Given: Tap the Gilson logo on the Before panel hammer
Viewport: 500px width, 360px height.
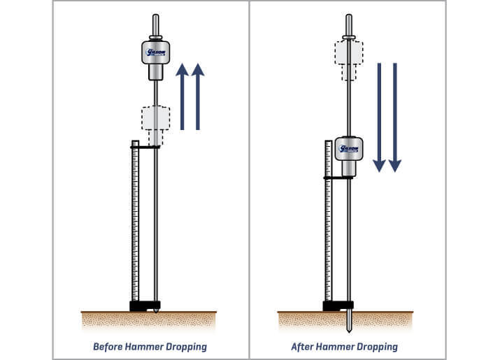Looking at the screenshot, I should [155, 52].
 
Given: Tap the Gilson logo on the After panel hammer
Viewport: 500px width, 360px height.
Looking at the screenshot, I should [348, 149].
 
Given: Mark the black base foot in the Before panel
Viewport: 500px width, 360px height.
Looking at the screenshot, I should [144, 305].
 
